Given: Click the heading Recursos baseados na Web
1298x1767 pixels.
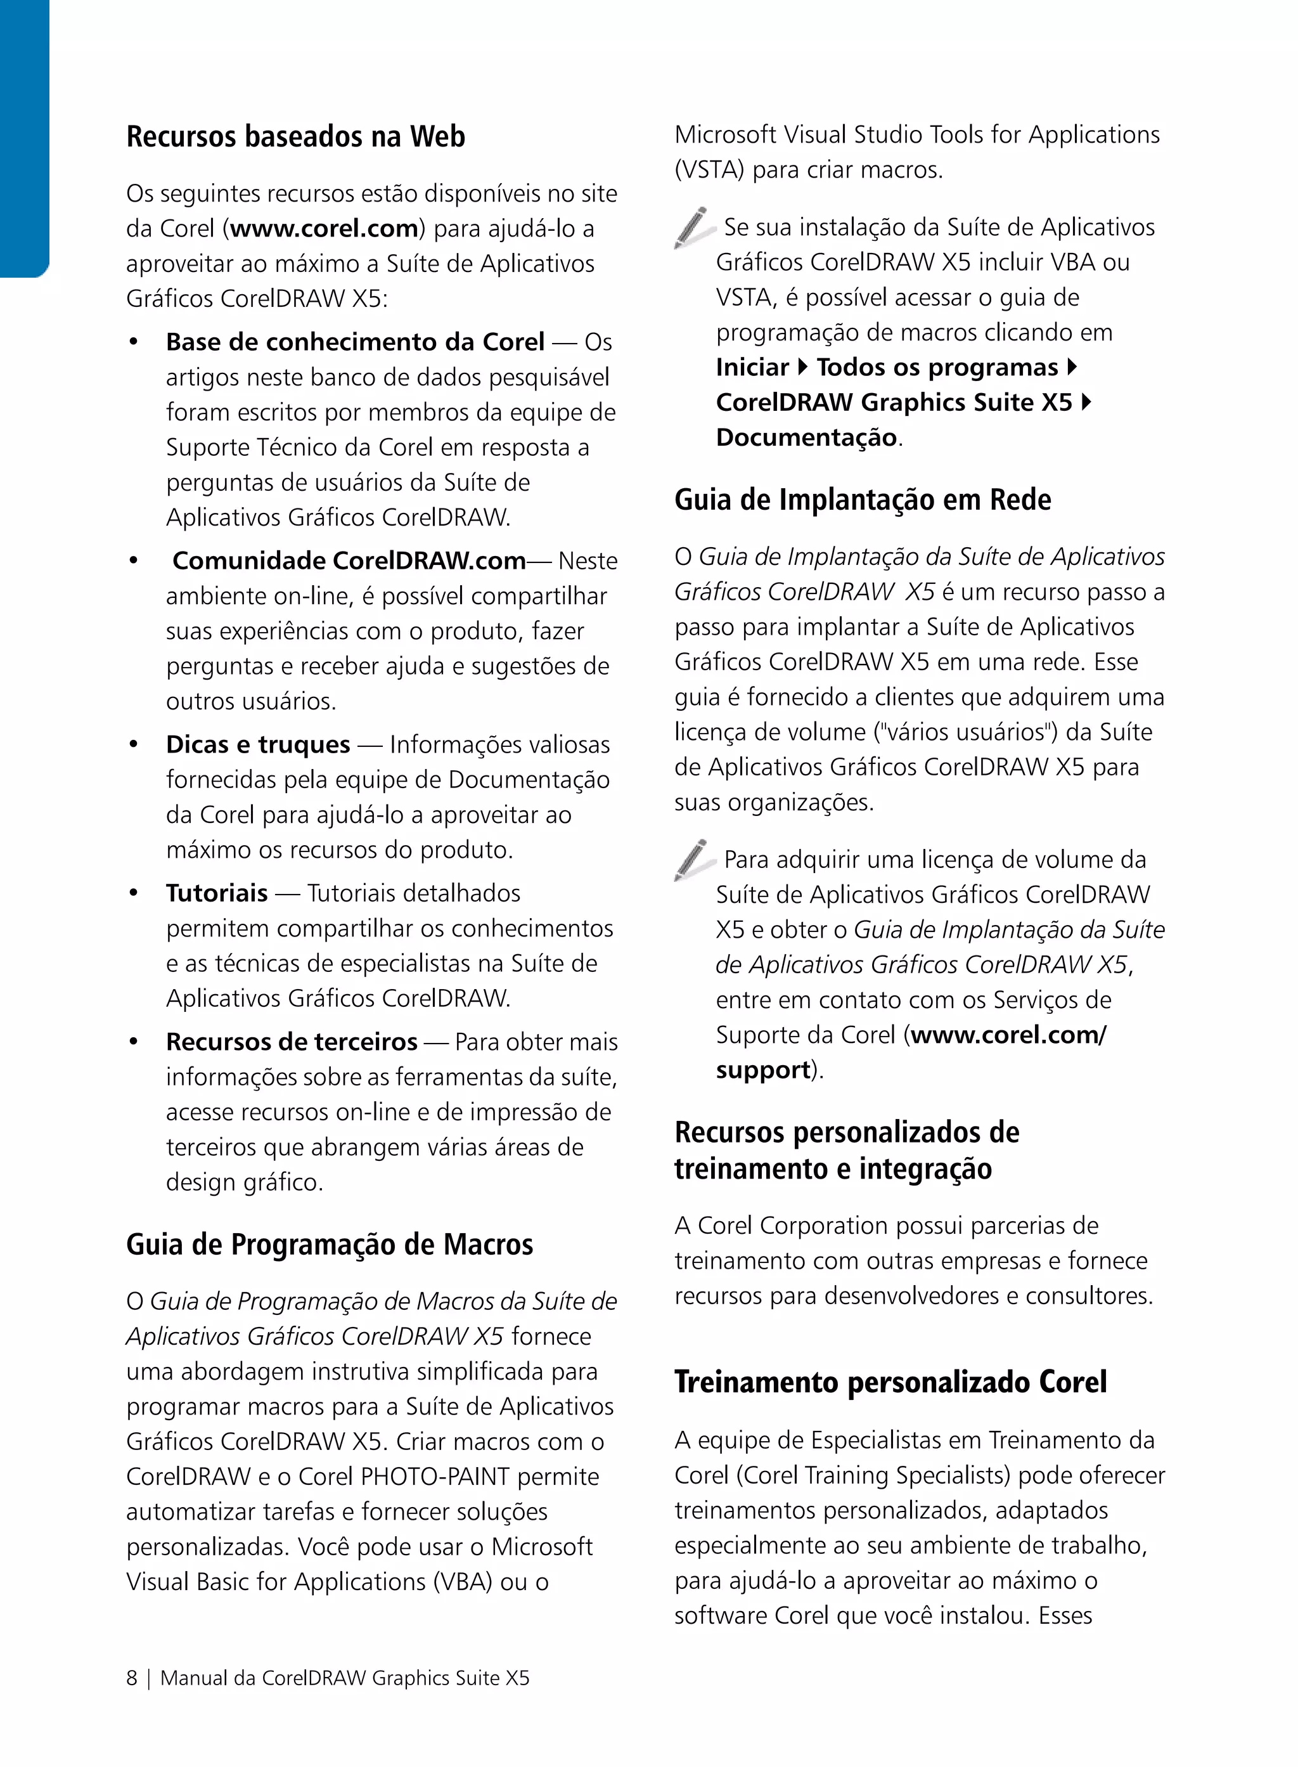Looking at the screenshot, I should (x=295, y=137).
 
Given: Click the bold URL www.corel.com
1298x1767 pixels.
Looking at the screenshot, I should (x=324, y=229).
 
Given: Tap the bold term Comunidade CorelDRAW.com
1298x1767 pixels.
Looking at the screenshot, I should (x=349, y=561).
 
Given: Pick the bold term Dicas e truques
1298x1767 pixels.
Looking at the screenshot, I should (x=258, y=745).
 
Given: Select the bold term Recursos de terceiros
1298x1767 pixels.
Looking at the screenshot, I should (x=292, y=1042).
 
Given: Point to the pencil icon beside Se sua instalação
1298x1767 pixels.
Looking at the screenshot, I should (x=692, y=227).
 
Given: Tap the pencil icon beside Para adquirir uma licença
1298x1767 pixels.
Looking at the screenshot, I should (x=692, y=860).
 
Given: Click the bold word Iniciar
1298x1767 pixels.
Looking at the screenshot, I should (x=752, y=368).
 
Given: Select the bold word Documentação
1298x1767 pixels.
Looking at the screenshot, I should (x=806, y=438).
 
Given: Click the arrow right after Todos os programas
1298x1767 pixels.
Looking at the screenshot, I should (x=1072, y=368).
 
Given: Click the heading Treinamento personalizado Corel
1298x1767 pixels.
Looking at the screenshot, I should (x=890, y=1383).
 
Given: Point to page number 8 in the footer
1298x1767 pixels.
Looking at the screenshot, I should (x=132, y=1679).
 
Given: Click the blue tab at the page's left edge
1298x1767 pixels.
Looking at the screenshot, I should (x=23, y=138).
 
